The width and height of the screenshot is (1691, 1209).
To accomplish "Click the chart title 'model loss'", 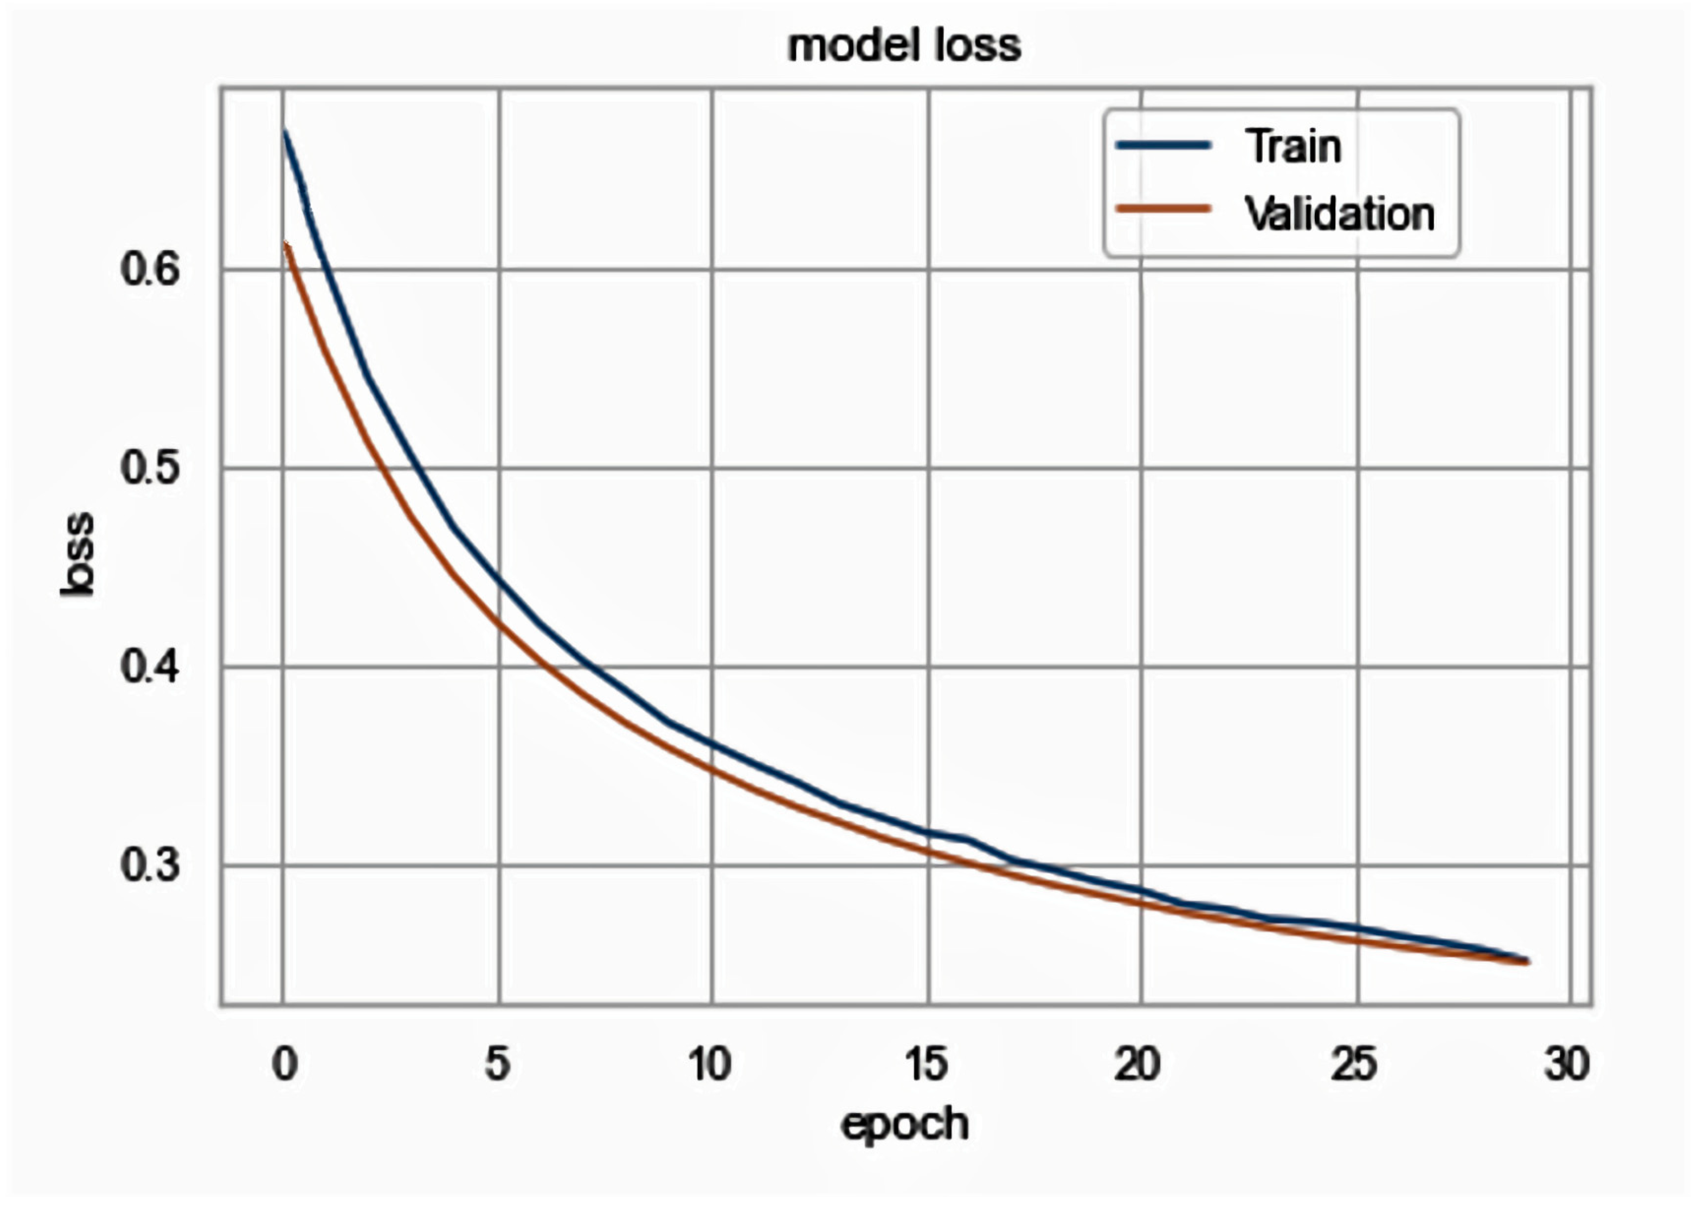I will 904,46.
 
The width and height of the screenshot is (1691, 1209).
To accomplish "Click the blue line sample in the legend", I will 1164,145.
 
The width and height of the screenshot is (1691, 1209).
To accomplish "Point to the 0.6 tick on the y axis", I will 150,269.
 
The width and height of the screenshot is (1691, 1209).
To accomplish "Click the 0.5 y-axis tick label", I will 150,468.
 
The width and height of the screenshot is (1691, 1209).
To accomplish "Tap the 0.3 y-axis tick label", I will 150,865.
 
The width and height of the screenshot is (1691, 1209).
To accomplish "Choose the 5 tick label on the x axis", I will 498,1065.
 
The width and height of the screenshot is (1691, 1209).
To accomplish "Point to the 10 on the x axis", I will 709,1065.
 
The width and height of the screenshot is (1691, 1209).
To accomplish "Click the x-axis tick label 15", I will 927,1065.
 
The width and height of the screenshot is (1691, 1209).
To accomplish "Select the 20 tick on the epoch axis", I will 1137,1065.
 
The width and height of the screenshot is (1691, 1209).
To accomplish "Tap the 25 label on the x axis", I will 1354,1065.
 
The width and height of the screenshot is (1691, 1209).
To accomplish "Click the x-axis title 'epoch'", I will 904,1124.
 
